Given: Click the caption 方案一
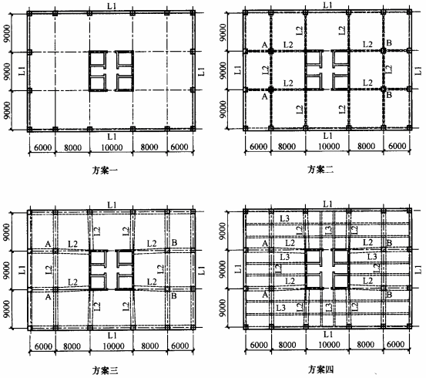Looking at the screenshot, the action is tap(105, 170).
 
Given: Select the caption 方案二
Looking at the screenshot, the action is tap(320, 169).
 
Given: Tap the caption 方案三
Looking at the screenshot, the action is tap(105, 370).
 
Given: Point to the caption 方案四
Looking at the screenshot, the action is tap(320, 370).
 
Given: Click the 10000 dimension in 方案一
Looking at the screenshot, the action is tap(112, 147).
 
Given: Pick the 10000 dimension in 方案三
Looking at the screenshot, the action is tap(113, 346).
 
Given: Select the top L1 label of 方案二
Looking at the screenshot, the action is tap(327, 5).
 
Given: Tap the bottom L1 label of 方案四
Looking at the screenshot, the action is tap(327, 333).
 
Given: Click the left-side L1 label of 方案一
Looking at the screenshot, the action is tap(22, 71).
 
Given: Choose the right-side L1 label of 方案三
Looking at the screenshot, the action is tap(201, 270).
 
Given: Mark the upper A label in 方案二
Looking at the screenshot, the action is tap(265, 45).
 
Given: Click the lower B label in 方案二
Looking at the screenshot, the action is tap(389, 95).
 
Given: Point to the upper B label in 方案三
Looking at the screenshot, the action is tap(174, 242).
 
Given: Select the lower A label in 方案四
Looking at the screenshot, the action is tap(265, 295).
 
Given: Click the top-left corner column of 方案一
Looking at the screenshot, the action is tap(29, 13).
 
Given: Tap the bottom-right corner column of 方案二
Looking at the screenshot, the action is tap(409, 127).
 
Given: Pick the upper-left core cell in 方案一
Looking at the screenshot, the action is tap(98, 59).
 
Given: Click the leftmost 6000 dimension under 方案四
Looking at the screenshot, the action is tap(258, 345).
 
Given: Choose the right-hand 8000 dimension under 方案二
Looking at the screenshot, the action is tap(366, 146).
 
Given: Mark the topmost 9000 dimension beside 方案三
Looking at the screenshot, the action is tap(7, 232).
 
